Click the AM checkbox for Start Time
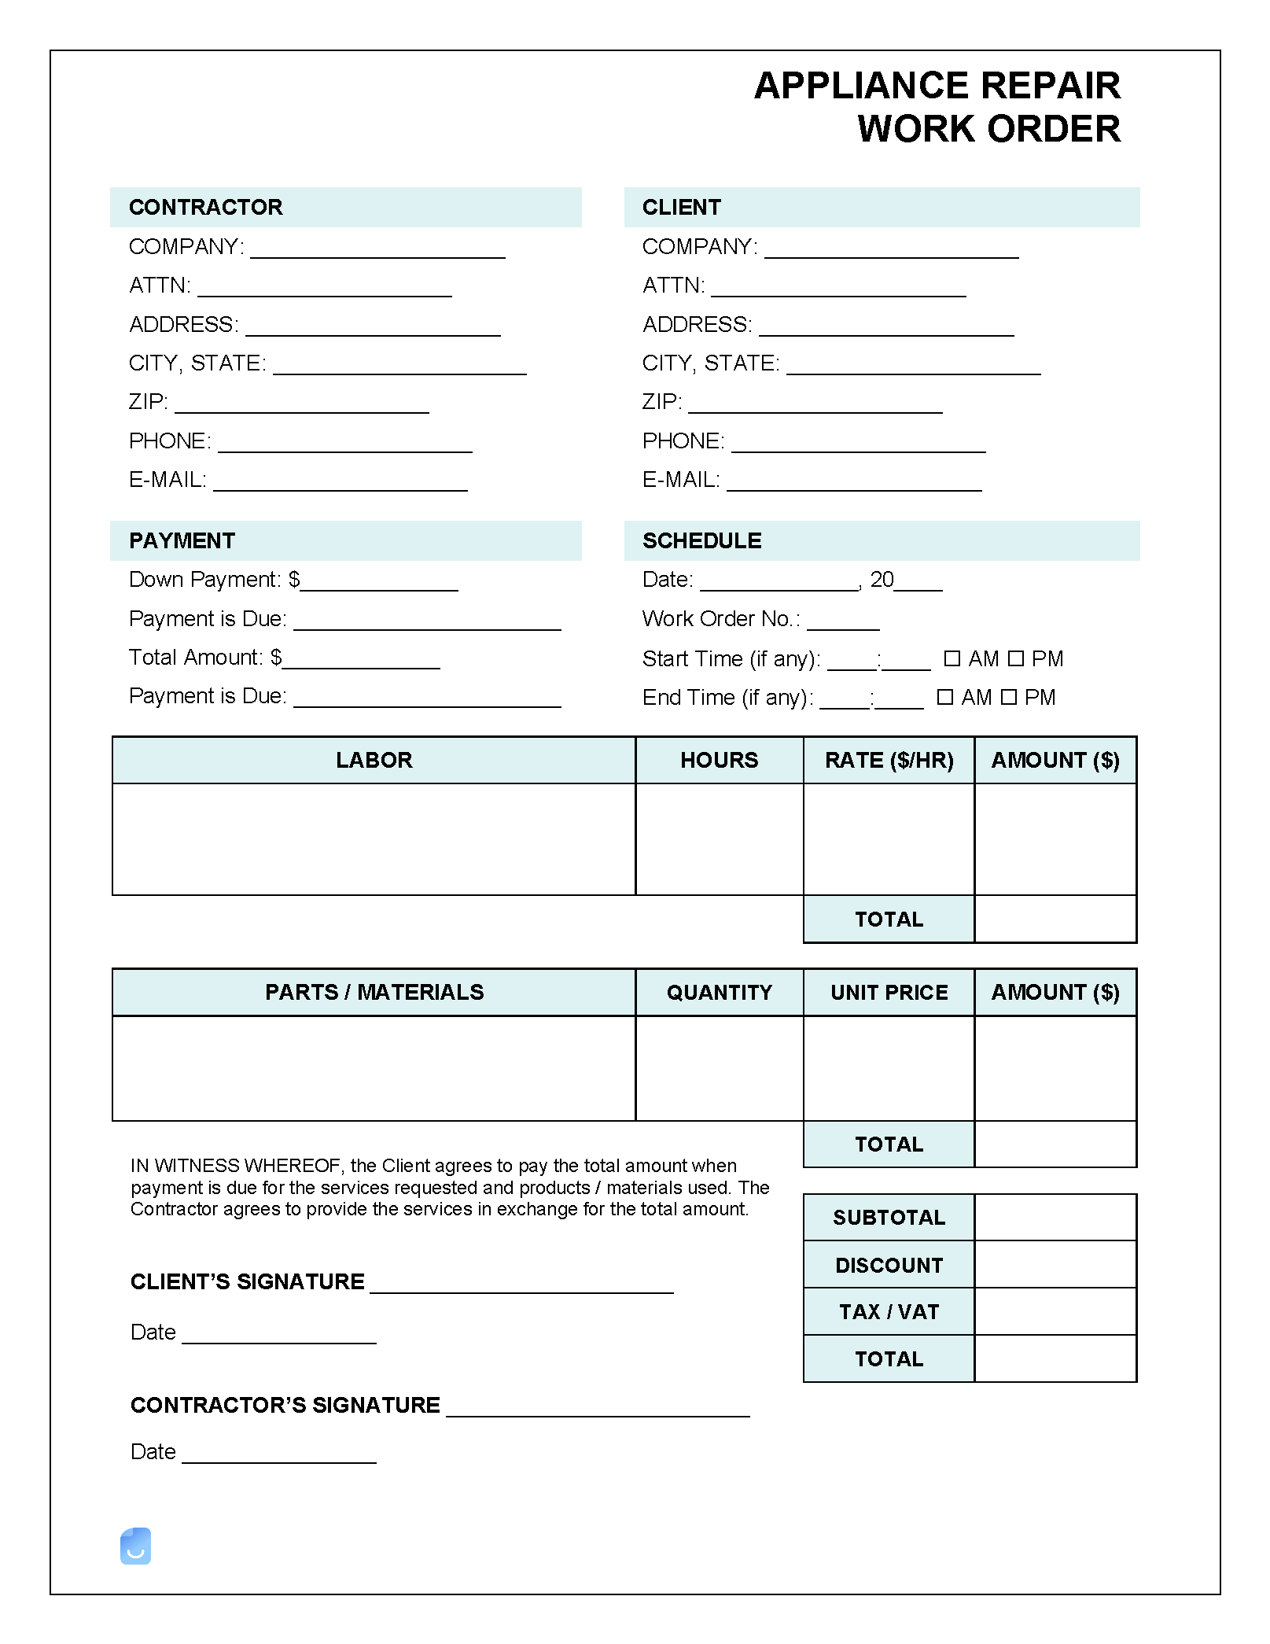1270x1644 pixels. click(952, 658)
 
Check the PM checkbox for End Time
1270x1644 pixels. click(1009, 697)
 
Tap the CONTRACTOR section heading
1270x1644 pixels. click(205, 207)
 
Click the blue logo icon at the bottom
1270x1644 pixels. click(135, 1546)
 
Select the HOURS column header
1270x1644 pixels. click(719, 760)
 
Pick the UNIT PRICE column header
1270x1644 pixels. click(889, 992)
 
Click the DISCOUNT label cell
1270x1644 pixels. click(889, 1265)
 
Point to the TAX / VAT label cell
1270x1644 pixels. click(889, 1311)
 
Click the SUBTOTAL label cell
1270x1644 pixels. click(889, 1218)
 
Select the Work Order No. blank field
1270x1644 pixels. click(843, 621)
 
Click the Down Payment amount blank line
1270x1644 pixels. click(379, 583)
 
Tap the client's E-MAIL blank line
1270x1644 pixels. click(854, 483)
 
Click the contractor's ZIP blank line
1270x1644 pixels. click(302, 405)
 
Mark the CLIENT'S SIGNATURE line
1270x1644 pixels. click(521, 1285)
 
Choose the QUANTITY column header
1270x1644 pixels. click(719, 992)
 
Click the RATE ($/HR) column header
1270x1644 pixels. click(889, 760)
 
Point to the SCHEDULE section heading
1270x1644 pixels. click(701, 540)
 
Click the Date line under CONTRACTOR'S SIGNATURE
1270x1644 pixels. click(279, 1455)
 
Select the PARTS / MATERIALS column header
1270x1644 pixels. click(374, 992)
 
